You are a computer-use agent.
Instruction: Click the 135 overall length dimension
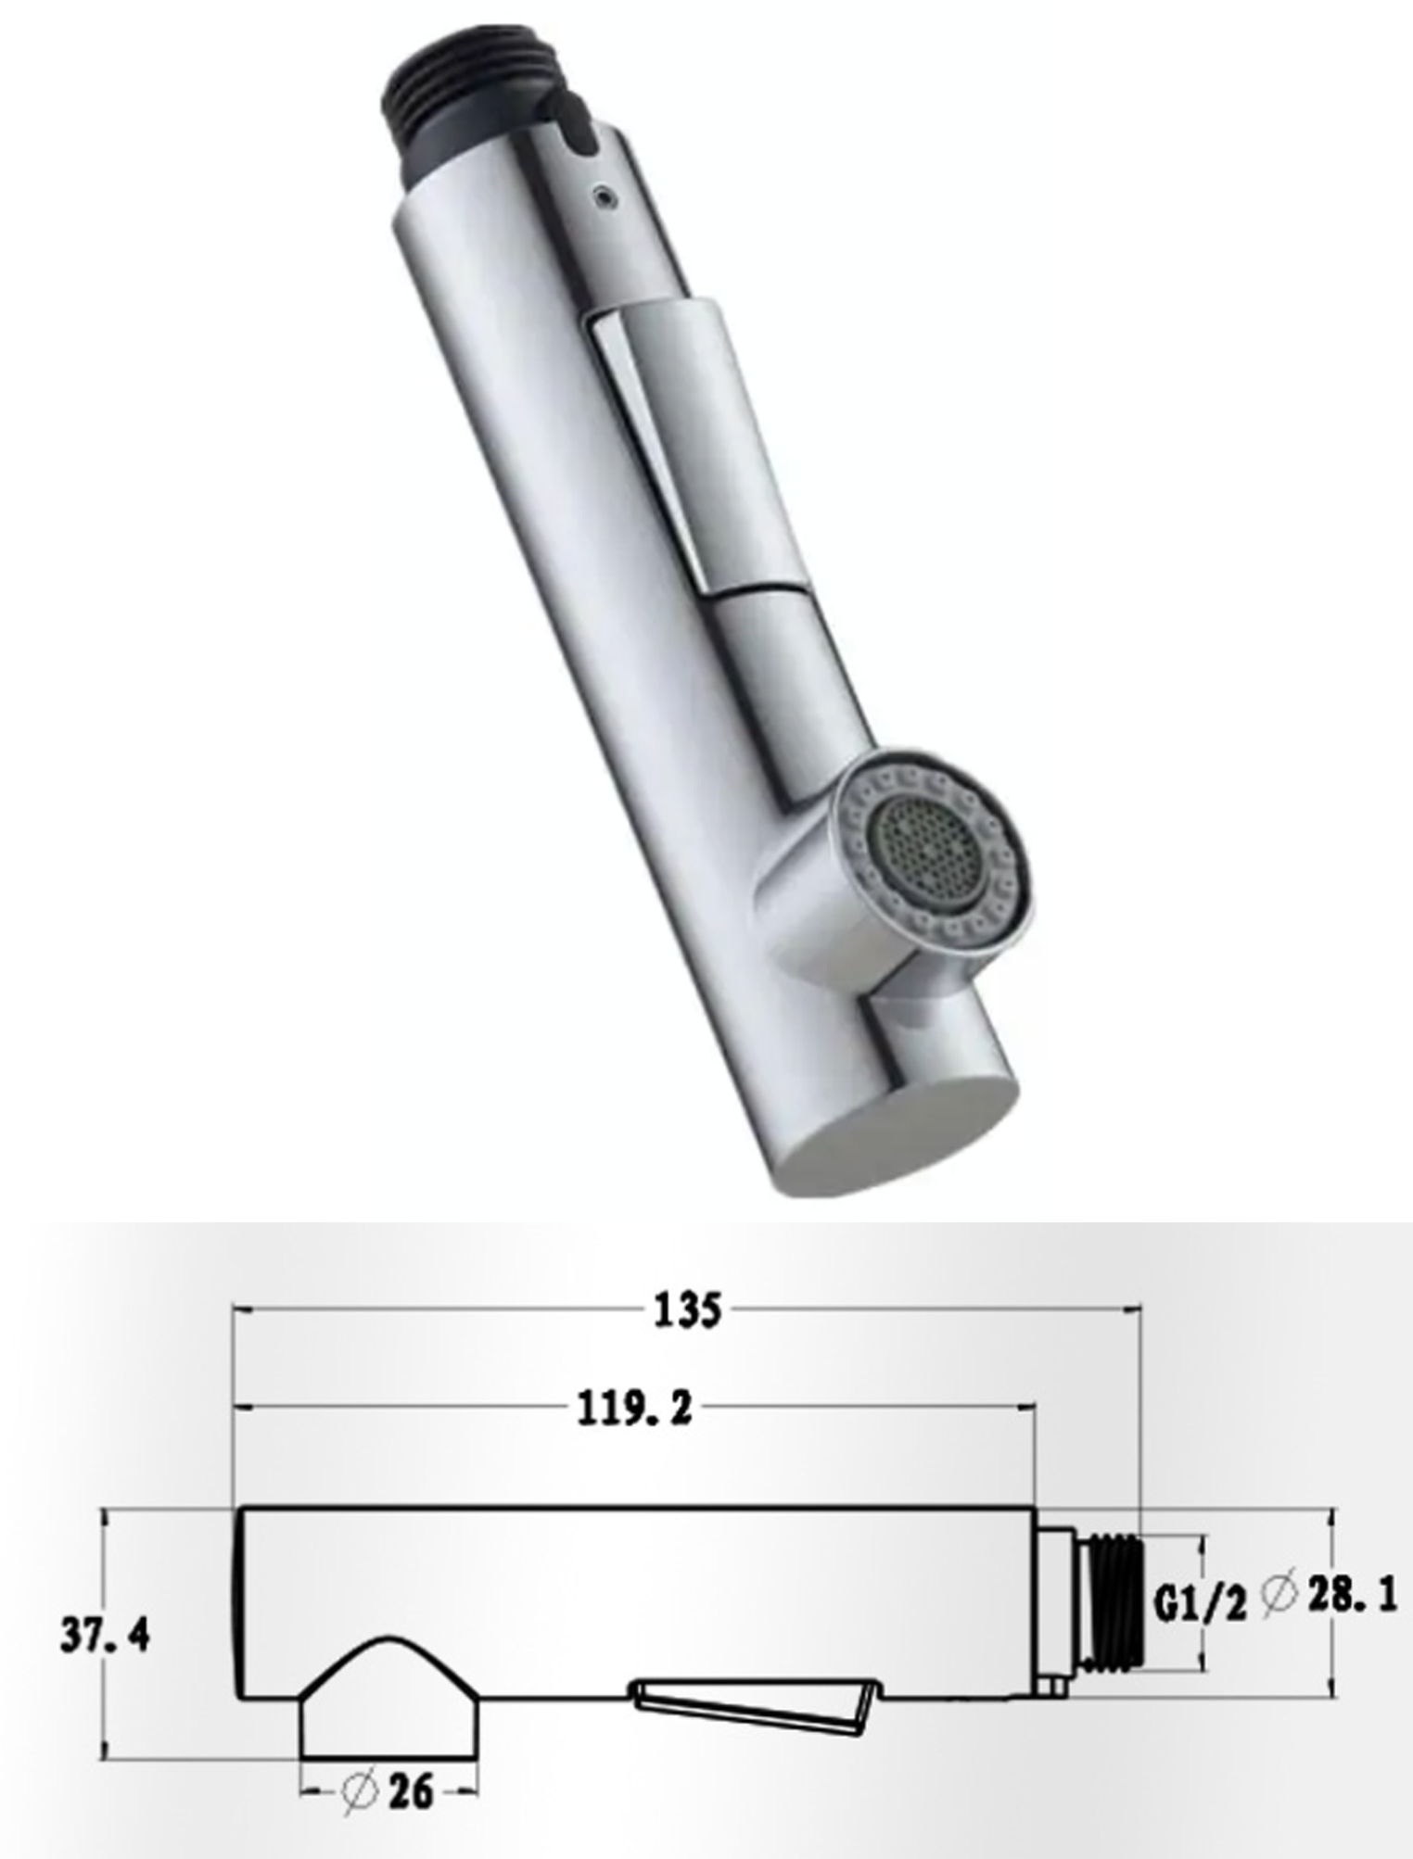click(x=687, y=1311)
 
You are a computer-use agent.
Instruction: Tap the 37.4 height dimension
click(x=105, y=1638)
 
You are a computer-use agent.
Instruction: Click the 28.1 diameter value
click(x=1351, y=1594)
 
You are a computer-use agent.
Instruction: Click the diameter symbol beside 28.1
click(x=1279, y=1597)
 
